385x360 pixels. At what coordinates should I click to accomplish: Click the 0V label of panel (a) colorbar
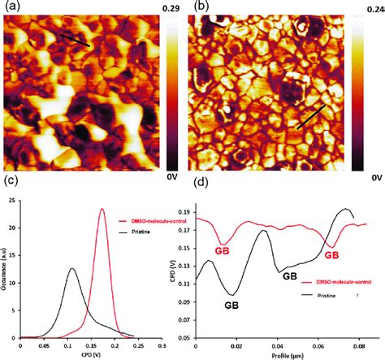(x=173, y=176)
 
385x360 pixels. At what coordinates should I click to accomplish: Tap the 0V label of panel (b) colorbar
(x=373, y=176)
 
